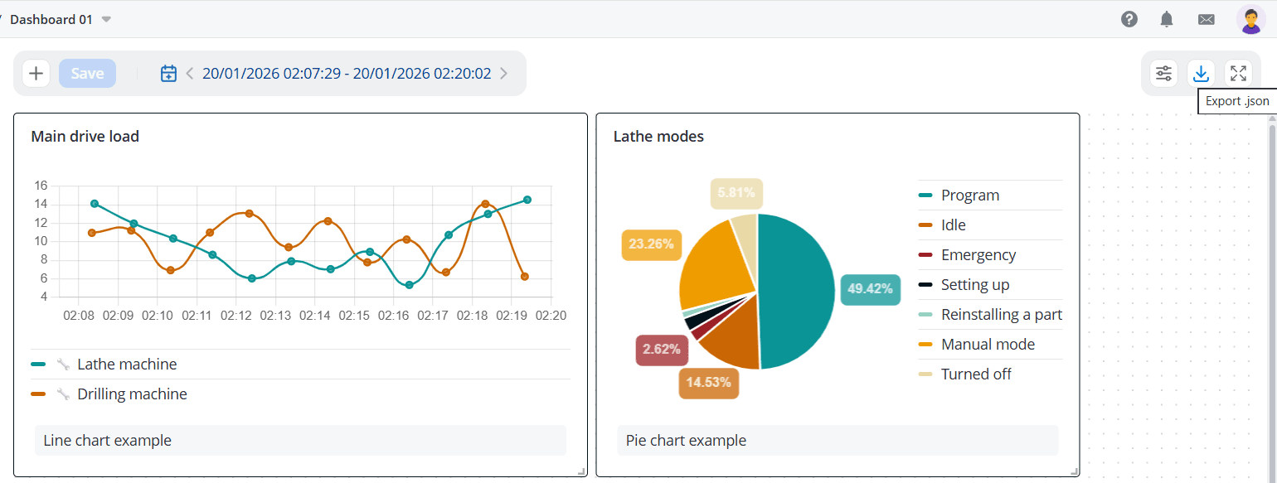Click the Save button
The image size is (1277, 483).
(87, 74)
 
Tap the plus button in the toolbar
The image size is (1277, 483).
(36, 74)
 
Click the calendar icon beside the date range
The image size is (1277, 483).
(168, 74)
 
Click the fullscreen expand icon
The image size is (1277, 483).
(1238, 74)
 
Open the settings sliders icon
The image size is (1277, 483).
(1163, 74)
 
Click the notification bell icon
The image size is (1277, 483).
(1167, 19)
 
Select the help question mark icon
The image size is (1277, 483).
(1129, 19)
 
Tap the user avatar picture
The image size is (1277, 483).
(1250, 19)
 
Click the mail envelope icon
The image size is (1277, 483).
(1206, 20)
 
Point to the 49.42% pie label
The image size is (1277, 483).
(870, 289)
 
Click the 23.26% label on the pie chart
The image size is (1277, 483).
(651, 244)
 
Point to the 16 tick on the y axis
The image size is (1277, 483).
(41, 185)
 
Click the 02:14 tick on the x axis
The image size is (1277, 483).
(315, 316)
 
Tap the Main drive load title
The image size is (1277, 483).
(85, 137)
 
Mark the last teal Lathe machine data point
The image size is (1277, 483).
(527, 200)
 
